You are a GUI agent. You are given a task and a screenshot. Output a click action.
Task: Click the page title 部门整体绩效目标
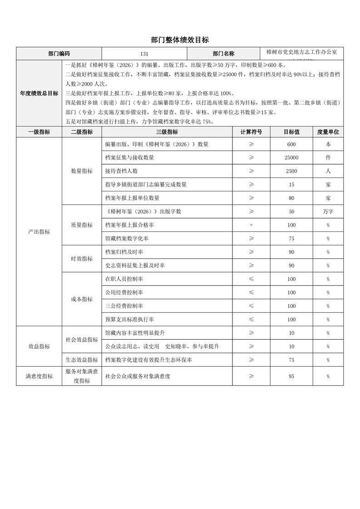[180, 40]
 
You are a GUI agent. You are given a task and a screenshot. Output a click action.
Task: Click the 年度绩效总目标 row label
[39, 93]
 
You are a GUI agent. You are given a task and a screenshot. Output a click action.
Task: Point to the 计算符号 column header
[251, 132]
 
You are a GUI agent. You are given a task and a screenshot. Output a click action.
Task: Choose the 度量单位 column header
[328, 132]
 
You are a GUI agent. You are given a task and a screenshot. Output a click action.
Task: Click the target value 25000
[291, 158]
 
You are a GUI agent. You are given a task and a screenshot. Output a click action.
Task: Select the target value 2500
[291, 171]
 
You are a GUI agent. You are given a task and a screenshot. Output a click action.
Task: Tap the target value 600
[291, 145]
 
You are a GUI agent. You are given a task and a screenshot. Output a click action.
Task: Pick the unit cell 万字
[328, 212]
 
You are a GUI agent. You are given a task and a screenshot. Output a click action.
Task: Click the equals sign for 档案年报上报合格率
[251, 225]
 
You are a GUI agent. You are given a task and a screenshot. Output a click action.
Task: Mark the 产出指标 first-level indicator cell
[39, 232]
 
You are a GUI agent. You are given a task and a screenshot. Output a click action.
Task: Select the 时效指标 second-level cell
[82, 259]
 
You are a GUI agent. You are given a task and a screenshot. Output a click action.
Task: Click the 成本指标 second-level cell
[82, 299]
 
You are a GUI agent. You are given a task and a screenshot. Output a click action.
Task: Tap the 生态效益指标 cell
[82, 360]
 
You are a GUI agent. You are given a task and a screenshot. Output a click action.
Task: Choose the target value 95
[291, 377]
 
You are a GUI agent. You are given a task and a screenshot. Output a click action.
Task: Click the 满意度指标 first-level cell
[39, 377]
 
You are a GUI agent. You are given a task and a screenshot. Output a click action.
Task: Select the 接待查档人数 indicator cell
[121, 171]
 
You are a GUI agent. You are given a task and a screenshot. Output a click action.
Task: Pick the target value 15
[291, 185]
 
